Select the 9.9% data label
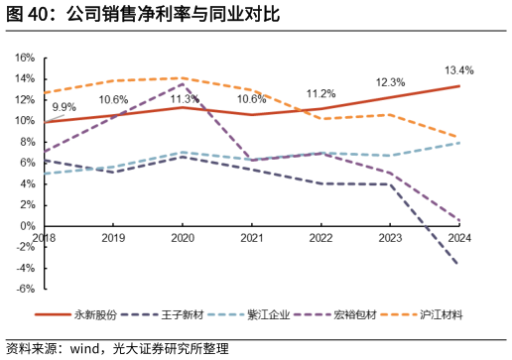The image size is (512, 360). [64, 107]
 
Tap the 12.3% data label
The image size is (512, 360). [390, 82]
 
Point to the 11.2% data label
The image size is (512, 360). [320, 93]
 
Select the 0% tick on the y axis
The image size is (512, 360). [28, 226]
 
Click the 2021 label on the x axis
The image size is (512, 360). [252, 238]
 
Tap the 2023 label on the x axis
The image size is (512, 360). [390, 238]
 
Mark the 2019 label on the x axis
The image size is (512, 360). [114, 238]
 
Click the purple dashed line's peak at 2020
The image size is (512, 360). [183, 84]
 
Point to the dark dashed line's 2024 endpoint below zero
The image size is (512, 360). [457, 264]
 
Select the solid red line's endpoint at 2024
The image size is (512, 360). [458, 86]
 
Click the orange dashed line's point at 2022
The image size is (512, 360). [320, 119]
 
